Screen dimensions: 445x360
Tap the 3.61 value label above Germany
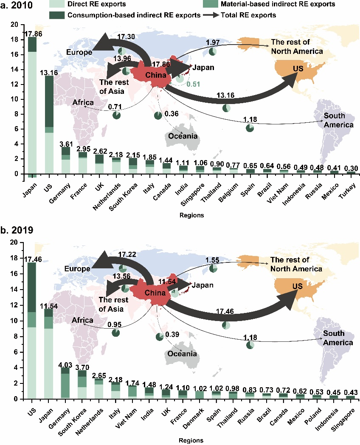65,143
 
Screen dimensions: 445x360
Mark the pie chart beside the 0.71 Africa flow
117,115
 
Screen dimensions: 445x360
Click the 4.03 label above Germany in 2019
65,363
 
